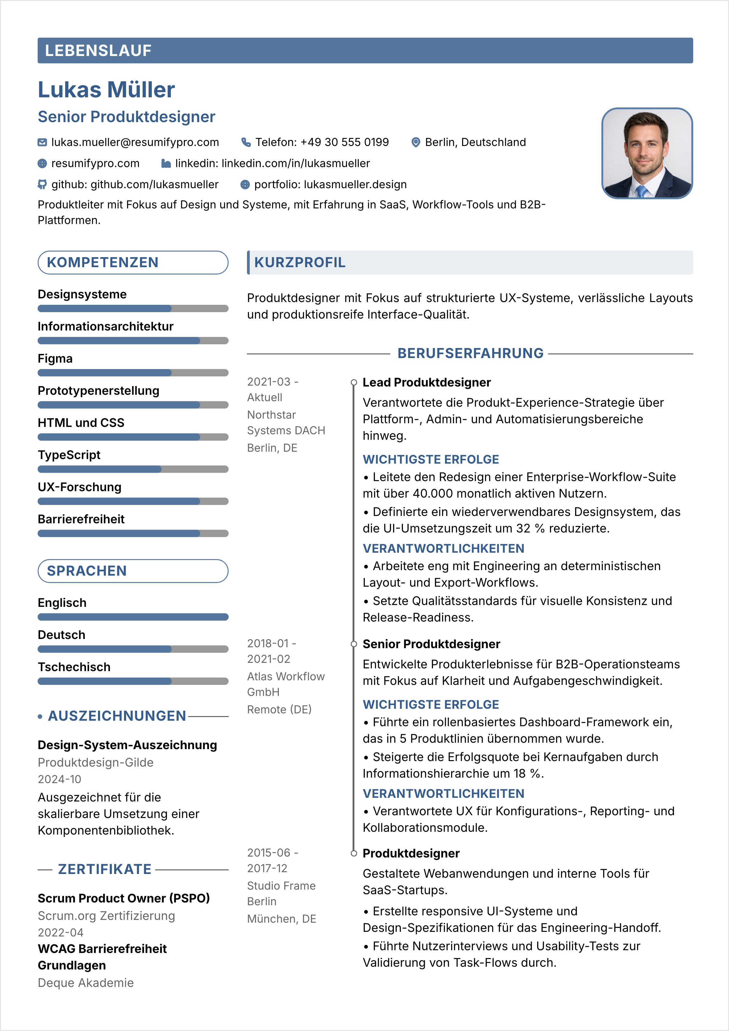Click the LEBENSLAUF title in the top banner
coord(98,51)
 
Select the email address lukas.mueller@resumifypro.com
coord(135,142)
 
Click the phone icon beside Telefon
coord(246,142)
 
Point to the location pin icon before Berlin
coord(416,142)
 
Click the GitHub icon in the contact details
coord(42,185)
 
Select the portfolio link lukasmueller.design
coord(355,185)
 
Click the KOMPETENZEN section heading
coord(103,262)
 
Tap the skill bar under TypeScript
coord(133,469)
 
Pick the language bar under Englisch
coord(133,617)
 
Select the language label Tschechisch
coord(74,667)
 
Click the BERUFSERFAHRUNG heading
coord(470,353)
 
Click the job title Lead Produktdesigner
coord(426,382)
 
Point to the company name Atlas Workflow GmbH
coord(286,684)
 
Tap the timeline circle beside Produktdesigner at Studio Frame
coord(354,853)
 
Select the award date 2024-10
coord(59,779)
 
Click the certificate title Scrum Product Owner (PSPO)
coord(124,898)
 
